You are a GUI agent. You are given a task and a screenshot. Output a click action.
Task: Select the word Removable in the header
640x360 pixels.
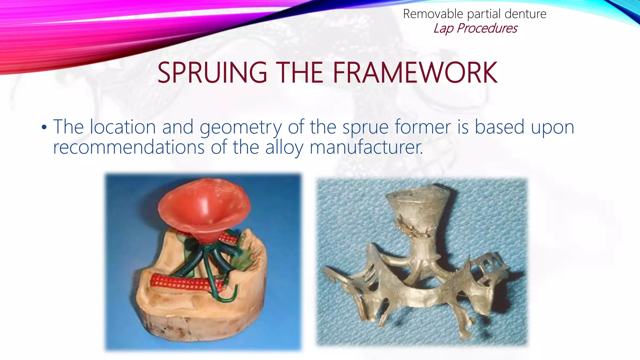pos(433,14)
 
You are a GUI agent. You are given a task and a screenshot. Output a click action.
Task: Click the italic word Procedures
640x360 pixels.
pos(487,28)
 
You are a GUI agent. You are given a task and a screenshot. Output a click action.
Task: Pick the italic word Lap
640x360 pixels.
pos(443,28)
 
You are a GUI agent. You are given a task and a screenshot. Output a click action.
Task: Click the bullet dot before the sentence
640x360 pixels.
pos(44,127)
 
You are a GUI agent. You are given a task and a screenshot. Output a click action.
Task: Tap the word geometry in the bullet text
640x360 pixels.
pos(241,127)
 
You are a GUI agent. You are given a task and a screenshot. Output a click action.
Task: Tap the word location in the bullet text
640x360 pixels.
pos(123,127)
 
